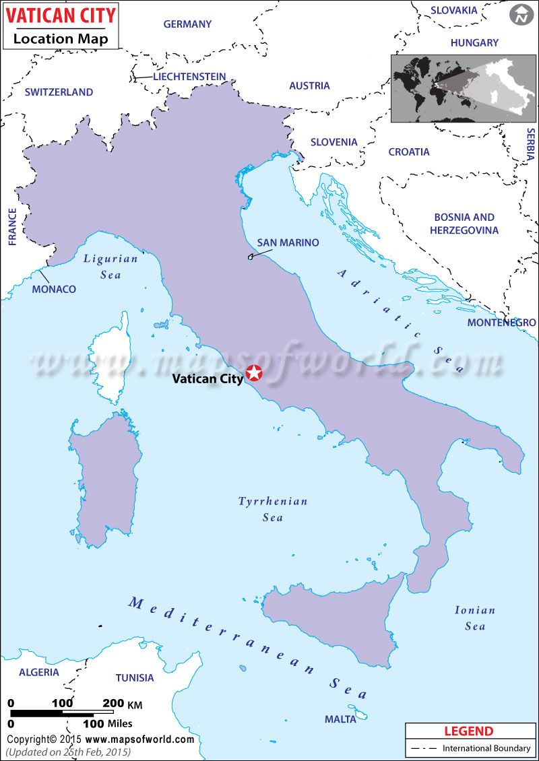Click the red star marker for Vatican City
254,372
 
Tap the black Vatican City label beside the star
208,378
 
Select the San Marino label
288,242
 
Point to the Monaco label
54,289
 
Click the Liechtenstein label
189,77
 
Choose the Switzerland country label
59,92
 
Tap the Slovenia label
334,142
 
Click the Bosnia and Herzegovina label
464,224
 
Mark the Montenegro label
502,323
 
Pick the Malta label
340,719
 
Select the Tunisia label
135,677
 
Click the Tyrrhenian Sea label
273,509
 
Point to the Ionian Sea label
475,618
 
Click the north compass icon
520,15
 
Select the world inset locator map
463,88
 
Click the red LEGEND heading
469,731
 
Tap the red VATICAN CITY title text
61,15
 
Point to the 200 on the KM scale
113,703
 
